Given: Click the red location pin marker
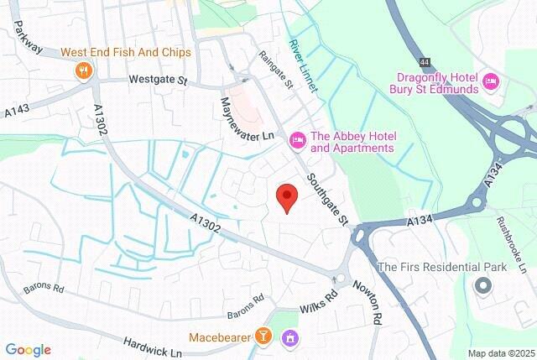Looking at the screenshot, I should tap(287, 196).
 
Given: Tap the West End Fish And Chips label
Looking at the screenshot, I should tap(126, 52).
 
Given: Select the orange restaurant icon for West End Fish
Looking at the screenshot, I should tap(83, 70).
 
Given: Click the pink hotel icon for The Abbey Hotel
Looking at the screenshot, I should tap(296, 141).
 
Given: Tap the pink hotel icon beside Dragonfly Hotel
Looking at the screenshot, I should tap(492, 81).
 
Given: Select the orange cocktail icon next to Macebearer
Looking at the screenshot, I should tap(263, 337).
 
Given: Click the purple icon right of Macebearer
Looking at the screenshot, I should tap(290, 337).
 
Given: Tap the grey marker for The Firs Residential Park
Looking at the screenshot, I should tap(482, 286).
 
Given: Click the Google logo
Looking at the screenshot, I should tap(29, 350).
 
